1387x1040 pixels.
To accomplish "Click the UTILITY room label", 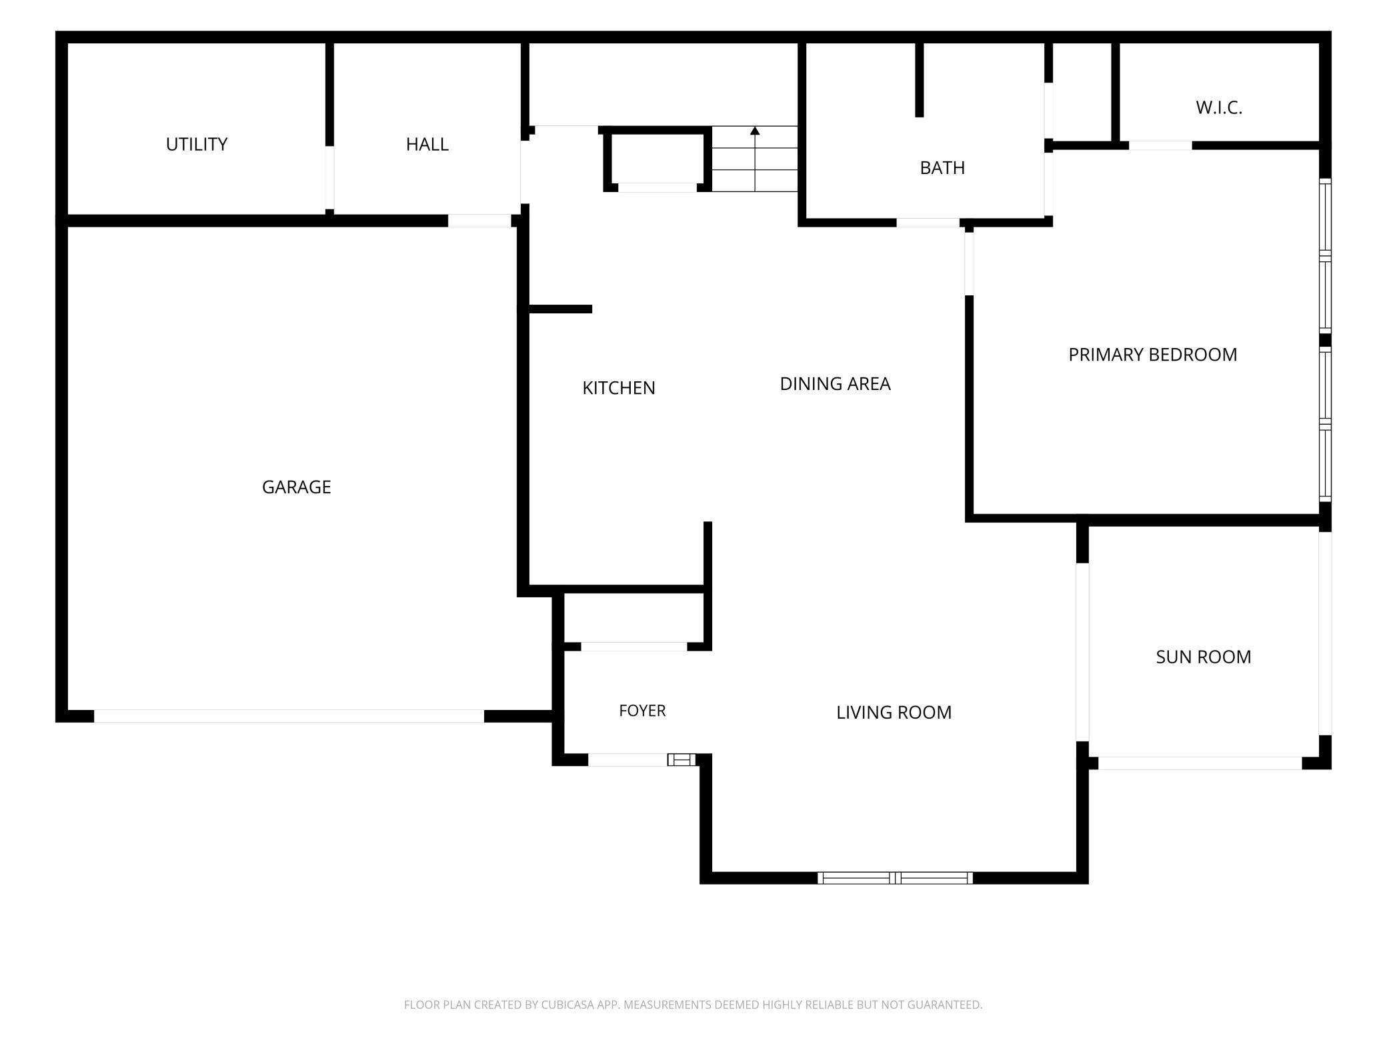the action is [197, 144].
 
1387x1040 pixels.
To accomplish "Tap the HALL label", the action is [427, 144].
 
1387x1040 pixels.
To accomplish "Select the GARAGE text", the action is [297, 487].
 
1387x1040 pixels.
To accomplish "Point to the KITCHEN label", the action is [619, 388].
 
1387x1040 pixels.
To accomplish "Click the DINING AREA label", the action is [836, 384].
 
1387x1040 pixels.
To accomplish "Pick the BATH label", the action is [942, 168].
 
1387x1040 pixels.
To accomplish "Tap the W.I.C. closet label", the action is [1219, 108].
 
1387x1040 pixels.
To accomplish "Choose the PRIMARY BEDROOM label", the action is [1153, 355].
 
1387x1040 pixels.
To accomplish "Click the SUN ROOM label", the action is [1204, 657].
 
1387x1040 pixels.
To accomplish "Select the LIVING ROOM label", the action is [894, 713].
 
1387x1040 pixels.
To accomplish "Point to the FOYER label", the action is [642, 711].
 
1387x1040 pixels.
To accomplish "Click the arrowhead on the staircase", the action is [755, 131].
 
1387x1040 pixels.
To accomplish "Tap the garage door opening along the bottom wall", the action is [289, 716].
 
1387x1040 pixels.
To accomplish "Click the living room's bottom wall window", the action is [895, 878].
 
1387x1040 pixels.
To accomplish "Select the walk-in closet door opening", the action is [1160, 145].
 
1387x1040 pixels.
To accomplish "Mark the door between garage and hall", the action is [479, 221].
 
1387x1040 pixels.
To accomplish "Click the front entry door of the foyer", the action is [627, 759].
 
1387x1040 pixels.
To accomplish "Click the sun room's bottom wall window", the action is [1200, 763].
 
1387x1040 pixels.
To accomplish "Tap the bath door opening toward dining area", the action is [928, 223].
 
